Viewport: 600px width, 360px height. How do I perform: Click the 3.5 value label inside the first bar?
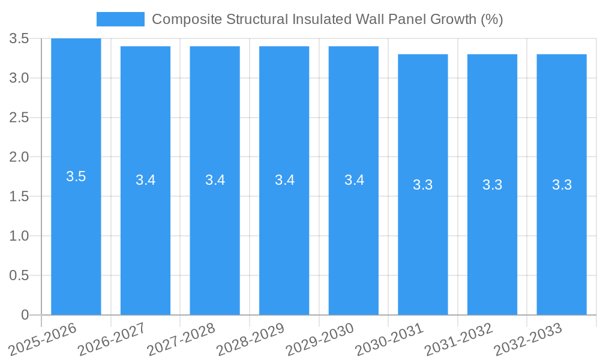[x=76, y=176]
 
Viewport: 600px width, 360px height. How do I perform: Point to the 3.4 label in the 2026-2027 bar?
[x=145, y=180]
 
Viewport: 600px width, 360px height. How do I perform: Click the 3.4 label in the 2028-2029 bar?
[x=284, y=180]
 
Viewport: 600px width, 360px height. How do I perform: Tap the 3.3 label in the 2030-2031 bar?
[x=423, y=185]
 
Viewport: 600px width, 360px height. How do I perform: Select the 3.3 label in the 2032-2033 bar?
[x=562, y=185]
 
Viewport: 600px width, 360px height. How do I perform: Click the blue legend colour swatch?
[x=121, y=19]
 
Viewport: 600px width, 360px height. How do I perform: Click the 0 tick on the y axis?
[x=25, y=315]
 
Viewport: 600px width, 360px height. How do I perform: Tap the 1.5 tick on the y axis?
[x=20, y=197]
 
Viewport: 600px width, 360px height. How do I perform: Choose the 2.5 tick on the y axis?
[x=20, y=118]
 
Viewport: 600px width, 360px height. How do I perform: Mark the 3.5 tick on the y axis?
[x=20, y=39]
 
